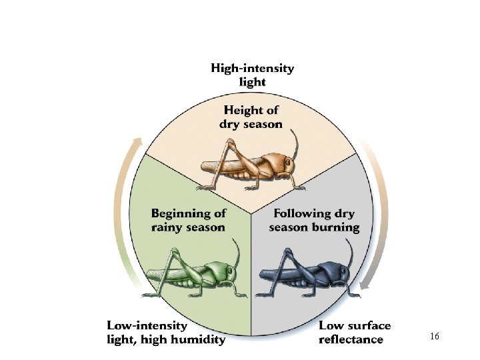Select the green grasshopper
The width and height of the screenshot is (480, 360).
pos(193,274)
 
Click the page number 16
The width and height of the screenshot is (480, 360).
pos(435,337)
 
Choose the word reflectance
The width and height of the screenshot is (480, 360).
pos(351,340)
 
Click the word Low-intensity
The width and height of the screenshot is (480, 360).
pos(147,326)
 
